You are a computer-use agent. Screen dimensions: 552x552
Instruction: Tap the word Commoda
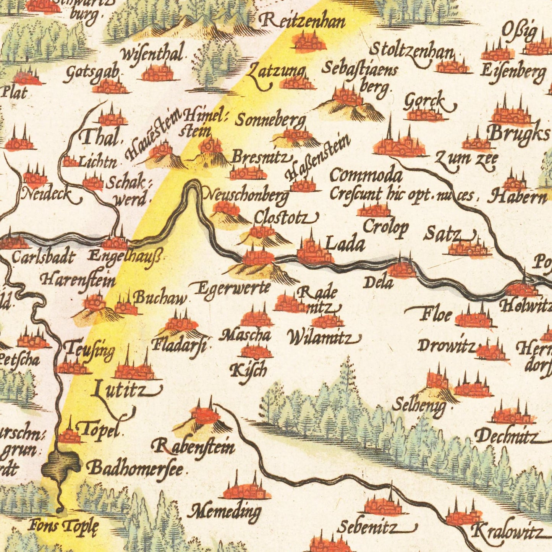click(366, 175)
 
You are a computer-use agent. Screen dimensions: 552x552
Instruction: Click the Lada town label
click(345, 243)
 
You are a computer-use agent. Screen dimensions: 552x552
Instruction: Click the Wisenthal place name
click(152, 54)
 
